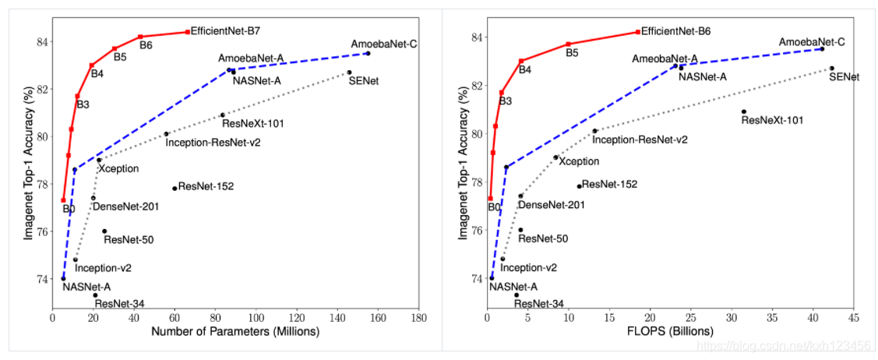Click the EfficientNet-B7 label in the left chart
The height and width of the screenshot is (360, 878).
click(225, 31)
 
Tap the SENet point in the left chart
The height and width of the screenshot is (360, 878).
click(349, 72)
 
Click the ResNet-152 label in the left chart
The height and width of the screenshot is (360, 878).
click(206, 186)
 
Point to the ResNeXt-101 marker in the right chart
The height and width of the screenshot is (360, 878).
click(743, 111)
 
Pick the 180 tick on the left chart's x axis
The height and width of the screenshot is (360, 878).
click(419, 318)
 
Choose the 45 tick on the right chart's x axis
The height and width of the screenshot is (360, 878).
click(853, 318)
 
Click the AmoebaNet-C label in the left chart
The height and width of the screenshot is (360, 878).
click(384, 44)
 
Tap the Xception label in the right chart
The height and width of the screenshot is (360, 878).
click(579, 161)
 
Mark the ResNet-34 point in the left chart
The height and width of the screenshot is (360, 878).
click(95, 295)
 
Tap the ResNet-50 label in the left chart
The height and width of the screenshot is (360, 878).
click(128, 240)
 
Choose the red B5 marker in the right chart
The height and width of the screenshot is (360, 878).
click(569, 44)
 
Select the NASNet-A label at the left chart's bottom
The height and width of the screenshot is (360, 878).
click(86, 287)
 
